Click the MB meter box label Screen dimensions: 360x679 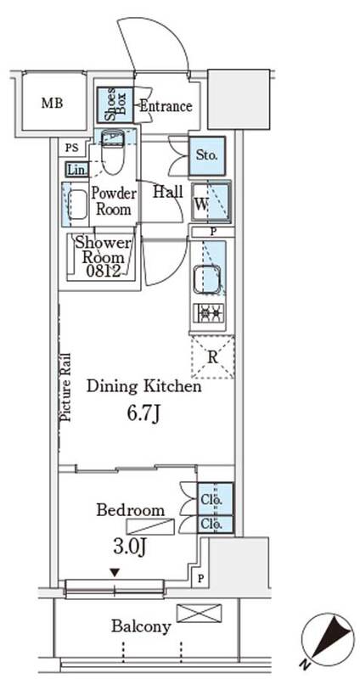click(x=52, y=104)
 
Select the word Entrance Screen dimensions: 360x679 click(x=166, y=106)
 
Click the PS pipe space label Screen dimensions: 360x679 click(x=72, y=148)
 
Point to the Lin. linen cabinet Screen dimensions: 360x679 click(x=76, y=170)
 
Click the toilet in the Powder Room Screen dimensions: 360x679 click(x=113, y=152)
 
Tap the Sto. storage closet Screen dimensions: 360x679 click(x=207, y=155)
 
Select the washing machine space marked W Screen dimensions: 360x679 click(x=212, y=203)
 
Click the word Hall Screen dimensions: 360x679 click(x=167, y=192)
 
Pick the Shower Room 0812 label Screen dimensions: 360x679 click(x=103, y=256)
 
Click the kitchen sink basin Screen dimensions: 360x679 click(x=208, y=280)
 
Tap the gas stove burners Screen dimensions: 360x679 click(x=209, y=312)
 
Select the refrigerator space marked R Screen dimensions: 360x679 click(x=213, y=357)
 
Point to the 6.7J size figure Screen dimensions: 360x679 click(x=143, y=414)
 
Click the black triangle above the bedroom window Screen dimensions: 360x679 click(x=115, y=573)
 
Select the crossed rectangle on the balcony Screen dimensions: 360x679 click(x=199, y=613)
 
